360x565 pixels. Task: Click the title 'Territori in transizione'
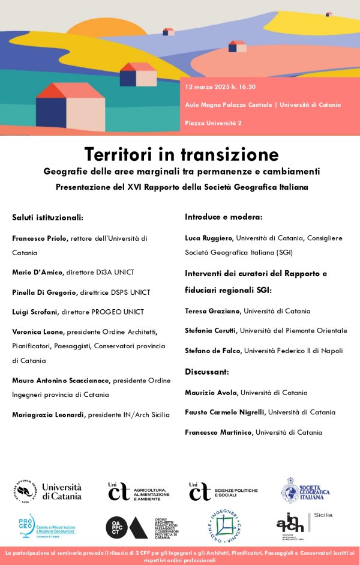(181, 154)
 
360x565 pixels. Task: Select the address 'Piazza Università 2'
(214, 123)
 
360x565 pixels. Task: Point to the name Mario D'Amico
(37, 272)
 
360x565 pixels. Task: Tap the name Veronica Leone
(38, 331)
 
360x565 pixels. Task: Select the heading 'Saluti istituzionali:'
(48, 217)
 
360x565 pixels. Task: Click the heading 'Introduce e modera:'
(224, 217)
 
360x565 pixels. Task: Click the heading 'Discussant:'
(207, 372)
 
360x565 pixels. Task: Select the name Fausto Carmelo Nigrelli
(225, 412)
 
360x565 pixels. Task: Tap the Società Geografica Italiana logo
(310, 491)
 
